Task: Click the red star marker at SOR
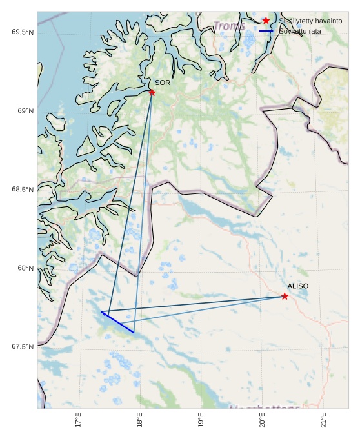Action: coord(152,92)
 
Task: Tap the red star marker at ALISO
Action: coord(285,296)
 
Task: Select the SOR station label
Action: coord(163,83)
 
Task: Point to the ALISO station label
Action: coord(298,286)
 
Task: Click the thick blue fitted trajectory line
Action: coord(117,322)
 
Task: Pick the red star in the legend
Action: coord(266,21)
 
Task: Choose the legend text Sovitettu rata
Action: coord(300,31)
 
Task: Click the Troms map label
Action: coord(229,26)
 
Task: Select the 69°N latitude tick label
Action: coord(25,111)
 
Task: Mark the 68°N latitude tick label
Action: coord(25,268)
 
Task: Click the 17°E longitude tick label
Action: coord(79,420)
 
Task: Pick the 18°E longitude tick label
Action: coord(140,420)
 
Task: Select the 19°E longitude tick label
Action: coord(201,420)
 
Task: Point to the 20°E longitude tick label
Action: coord(263,420)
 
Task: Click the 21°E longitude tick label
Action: coord(324,420)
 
